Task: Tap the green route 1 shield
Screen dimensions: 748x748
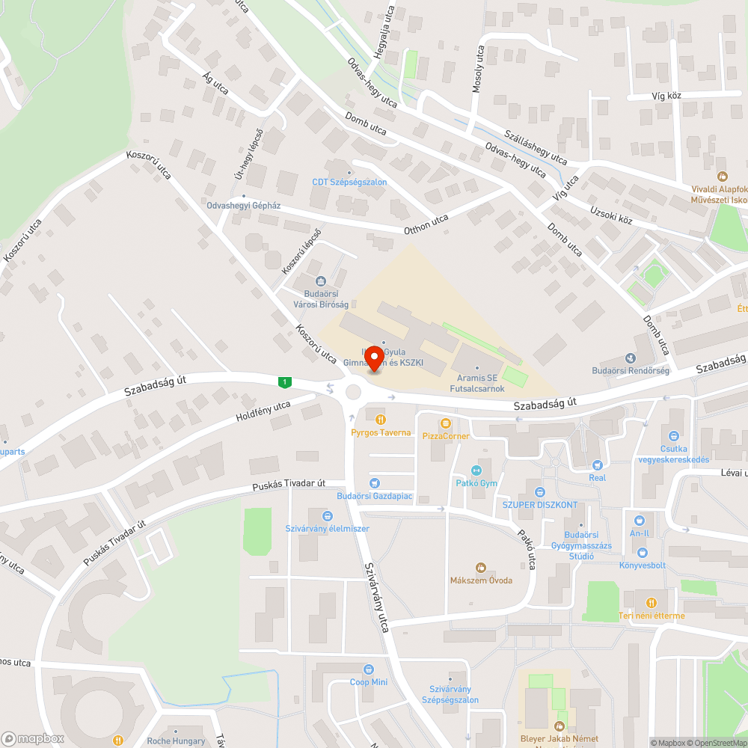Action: (284, 382)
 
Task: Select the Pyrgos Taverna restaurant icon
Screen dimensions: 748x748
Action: (381, 420)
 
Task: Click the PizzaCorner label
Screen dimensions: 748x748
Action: (446, 436)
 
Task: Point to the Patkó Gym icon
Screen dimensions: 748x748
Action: (476, 470)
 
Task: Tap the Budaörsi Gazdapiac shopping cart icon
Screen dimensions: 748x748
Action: (375, 483)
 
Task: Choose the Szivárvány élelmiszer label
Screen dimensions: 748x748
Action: (327, 528)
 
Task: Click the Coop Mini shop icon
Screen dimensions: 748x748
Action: (369, 669)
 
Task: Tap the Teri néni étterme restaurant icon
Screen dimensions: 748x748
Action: (651, 602)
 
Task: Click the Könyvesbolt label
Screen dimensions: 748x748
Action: (642, 565)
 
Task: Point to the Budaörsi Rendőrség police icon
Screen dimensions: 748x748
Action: (630, 358)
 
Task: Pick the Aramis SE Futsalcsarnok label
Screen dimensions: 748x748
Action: (476, 384)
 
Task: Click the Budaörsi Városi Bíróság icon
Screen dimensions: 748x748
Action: (321, 281)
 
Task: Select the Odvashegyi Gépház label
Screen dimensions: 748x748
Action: (245, 206)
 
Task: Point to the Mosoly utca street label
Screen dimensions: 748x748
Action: (477, 67)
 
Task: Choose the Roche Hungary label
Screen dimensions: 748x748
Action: (176, 741)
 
